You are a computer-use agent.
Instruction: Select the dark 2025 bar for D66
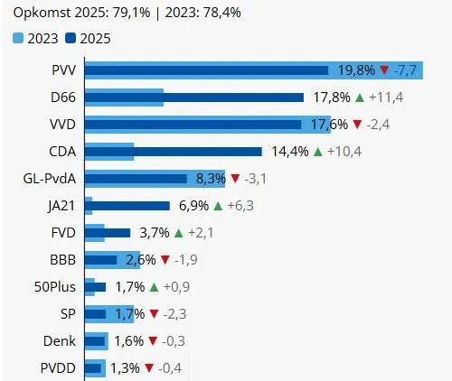[193, 98]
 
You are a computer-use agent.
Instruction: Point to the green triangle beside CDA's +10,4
[317, 152]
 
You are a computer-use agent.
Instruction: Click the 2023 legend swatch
[19, 38]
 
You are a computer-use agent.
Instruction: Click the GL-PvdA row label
[47, 179]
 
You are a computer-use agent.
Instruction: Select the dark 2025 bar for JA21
[127, 206]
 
